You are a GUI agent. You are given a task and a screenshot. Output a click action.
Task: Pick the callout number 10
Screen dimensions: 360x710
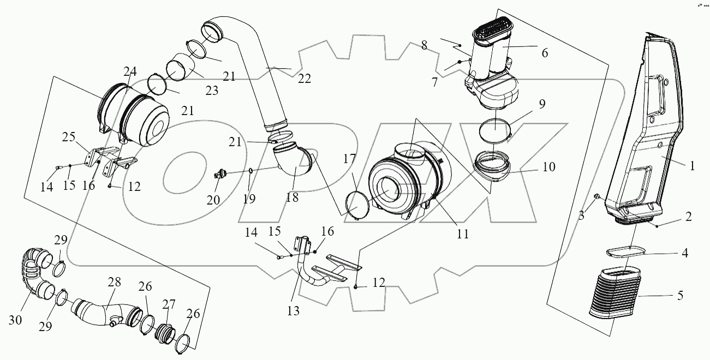[548, 167]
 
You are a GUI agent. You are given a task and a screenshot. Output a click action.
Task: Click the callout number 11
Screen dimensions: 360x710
[463, 235]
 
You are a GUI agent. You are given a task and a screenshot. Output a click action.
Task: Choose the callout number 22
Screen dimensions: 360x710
[304, 79]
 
